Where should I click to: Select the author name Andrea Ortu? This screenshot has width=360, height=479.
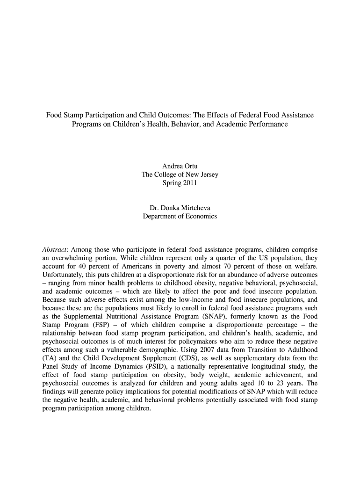(180, 167)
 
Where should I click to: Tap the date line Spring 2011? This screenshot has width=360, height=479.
(180, 183)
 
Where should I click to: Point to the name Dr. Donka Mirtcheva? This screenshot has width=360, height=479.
(180, 208)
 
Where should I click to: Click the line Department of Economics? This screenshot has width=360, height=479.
(180, 217)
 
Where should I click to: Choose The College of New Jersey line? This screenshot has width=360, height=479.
(180, 175)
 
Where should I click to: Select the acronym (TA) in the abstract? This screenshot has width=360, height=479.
(49, 358)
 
